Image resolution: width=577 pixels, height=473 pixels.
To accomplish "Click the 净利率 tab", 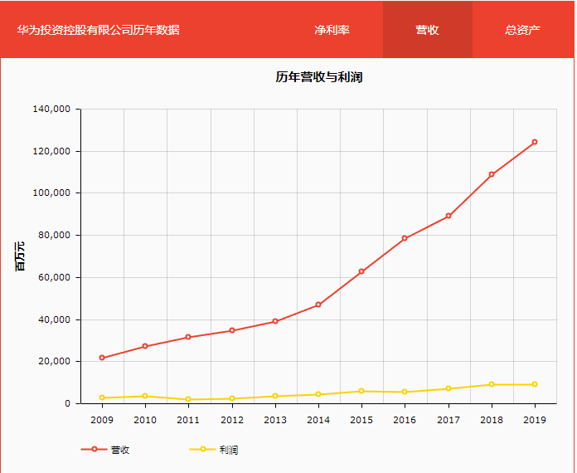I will click(x=332, y=30).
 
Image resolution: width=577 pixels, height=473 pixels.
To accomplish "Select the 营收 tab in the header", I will click(x=427, y=30).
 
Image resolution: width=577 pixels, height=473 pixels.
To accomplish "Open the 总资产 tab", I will click(x=522, y=30).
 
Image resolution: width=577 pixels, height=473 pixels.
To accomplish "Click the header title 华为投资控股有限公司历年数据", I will click(x=98, y=30).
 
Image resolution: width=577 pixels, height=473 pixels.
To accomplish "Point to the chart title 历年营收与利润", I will click(x=319, y=77).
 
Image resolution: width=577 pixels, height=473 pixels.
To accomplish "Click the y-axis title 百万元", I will click(x=20, y=256).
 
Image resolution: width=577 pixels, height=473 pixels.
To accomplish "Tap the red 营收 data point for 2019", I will click(x=535, y=142).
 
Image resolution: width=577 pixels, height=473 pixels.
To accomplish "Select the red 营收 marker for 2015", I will click(x=361, y=271).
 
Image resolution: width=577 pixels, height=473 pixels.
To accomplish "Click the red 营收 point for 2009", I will click(x=102, y=358).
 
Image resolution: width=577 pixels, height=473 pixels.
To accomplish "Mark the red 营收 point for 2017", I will click(x=449, y=216).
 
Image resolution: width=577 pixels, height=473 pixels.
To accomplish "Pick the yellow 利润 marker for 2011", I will click(x=188, y=399).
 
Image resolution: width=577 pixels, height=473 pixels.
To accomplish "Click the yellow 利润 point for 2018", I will click(x=492, y=384).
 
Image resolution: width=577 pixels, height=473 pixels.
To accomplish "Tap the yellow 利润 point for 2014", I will click(x=318, y=394).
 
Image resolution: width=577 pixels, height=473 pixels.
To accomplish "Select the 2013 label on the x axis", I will click(x=275, y=420).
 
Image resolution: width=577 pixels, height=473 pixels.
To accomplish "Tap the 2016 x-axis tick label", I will click(x=405, y=420).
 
